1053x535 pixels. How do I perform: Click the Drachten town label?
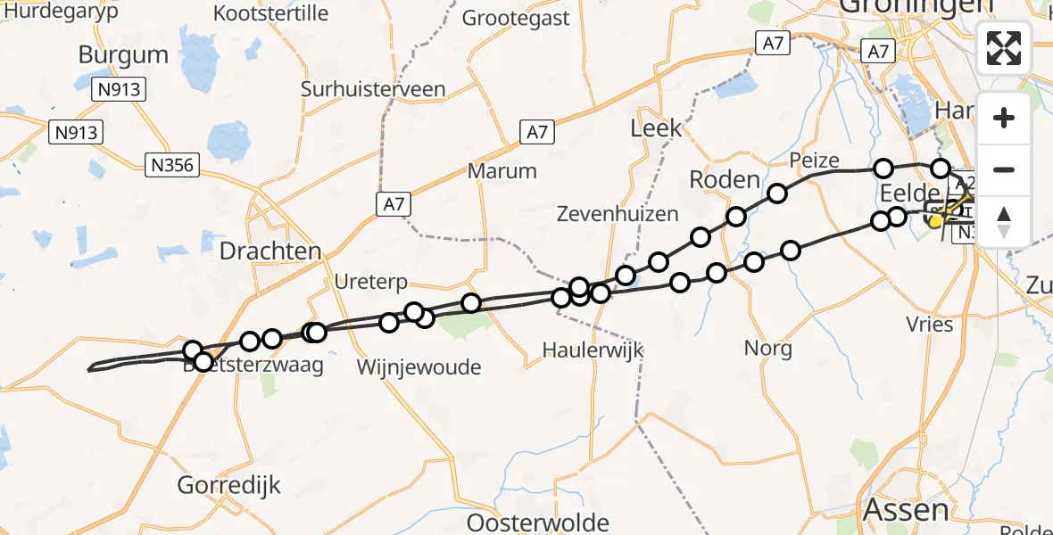(270, 251)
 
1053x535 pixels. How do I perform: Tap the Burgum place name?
(123, 55)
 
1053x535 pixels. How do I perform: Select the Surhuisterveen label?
(373, 90)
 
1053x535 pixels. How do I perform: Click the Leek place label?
(656, 128)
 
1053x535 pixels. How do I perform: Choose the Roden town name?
(724, 180)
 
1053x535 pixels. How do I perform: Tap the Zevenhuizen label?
(618, 214)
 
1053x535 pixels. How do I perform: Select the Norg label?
(768, 349)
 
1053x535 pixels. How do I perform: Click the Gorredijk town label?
(229, 486)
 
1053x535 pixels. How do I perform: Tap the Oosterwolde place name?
(538, 523)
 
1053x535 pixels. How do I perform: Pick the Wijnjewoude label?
(419, 367)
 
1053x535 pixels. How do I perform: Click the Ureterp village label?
(370, 283)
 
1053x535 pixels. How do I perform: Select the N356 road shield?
(172, 164)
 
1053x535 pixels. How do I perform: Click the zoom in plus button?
(1004, 119)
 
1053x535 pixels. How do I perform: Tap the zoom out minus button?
(1004, 169)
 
